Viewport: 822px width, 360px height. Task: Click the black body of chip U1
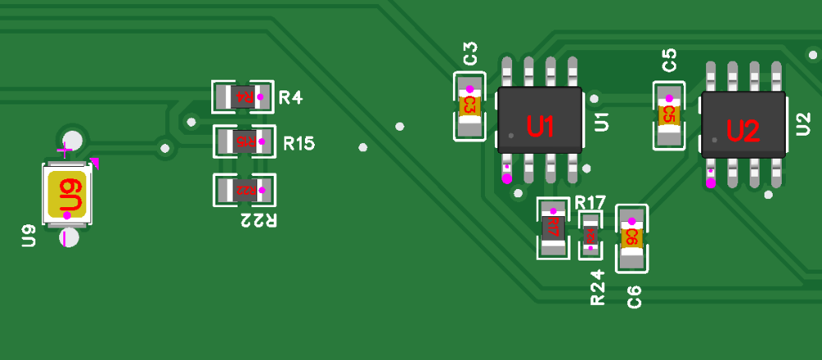pyautogui.click(x=539, y=120)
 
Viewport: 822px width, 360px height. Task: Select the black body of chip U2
pyautogui.click(x=743, y=125)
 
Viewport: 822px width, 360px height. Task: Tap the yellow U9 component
pyautogui.click(x=68, y=194)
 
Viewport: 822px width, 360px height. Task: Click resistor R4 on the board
pyautogui.click(x=243, y=97)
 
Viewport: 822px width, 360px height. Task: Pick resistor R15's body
pyautogui.click(x=244, y=141)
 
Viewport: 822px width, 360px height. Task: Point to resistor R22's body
pyautogui.click(x=244, y=190)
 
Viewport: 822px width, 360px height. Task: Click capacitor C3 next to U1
pyautogui.click(x=469, y=105)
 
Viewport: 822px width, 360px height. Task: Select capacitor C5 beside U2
pyautogui.click(x=668, y=115)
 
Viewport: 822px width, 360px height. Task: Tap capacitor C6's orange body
pyautogui.click(x=631, y=238)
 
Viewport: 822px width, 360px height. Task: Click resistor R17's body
pyautogui.click(x=552, y=227)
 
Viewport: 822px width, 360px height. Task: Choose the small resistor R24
pyautogui.click(x=590, y=234)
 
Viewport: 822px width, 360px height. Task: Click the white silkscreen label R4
pyautogui.click(x=290, y=98)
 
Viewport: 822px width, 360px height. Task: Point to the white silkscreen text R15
pyautogui.click(x=299, y=144)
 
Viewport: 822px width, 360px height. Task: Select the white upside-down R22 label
pyautogui.click(x=258, y=219)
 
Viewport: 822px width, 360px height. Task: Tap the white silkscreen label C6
pyautogui.click(x=634, y=297)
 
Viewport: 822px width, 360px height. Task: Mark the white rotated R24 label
pyautogui.click(x=598, y=288)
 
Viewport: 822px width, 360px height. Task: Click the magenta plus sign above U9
pyautogui.click(x=64, y=150)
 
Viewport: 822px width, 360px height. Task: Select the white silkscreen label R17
pyautogui.click(x=590, y=202)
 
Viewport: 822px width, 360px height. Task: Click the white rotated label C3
pyautogui.click(x=470, y=53)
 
